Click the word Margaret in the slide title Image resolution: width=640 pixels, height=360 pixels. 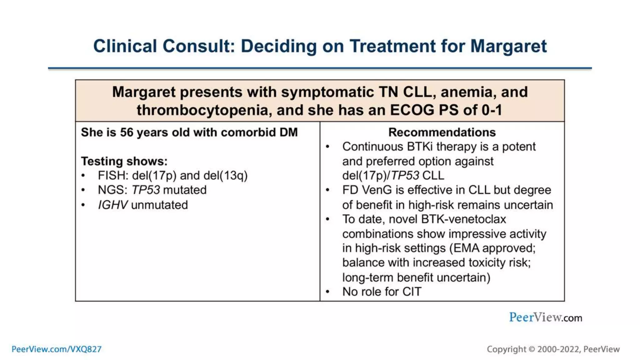[508, 46]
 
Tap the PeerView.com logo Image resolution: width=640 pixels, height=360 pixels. [545, 317]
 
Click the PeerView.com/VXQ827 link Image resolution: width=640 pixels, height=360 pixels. [57, 349]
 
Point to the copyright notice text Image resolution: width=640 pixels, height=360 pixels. [553, 349]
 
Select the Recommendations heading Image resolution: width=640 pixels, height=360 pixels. [442, 132]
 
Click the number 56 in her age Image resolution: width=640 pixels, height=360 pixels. [127, 132]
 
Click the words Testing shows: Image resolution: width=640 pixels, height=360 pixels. [124, 161]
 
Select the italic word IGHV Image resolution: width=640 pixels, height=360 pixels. [112, 205]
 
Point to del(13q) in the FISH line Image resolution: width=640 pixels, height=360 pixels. [225, 176]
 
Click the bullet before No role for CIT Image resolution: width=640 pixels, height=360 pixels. [327, 292]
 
